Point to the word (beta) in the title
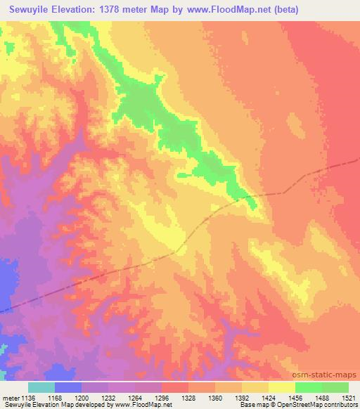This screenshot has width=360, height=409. click(285, 9)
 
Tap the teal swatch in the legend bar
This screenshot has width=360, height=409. click(41, 387)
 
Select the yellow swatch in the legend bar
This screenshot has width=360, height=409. click(281, 387)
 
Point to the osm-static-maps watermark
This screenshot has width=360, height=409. click(329, 372)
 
